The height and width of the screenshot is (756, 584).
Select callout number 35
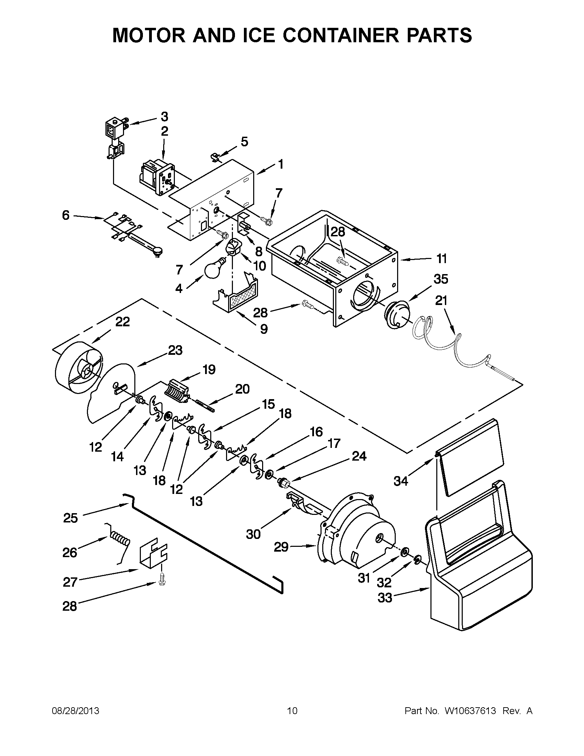[x=441, y=279]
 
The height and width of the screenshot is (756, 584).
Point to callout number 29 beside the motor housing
[x=281, y=547]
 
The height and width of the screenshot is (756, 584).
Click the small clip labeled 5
[x=216, y=157]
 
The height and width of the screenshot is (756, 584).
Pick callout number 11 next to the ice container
[x=441, y=259]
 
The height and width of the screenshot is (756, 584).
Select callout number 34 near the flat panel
[x=401, y=481]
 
